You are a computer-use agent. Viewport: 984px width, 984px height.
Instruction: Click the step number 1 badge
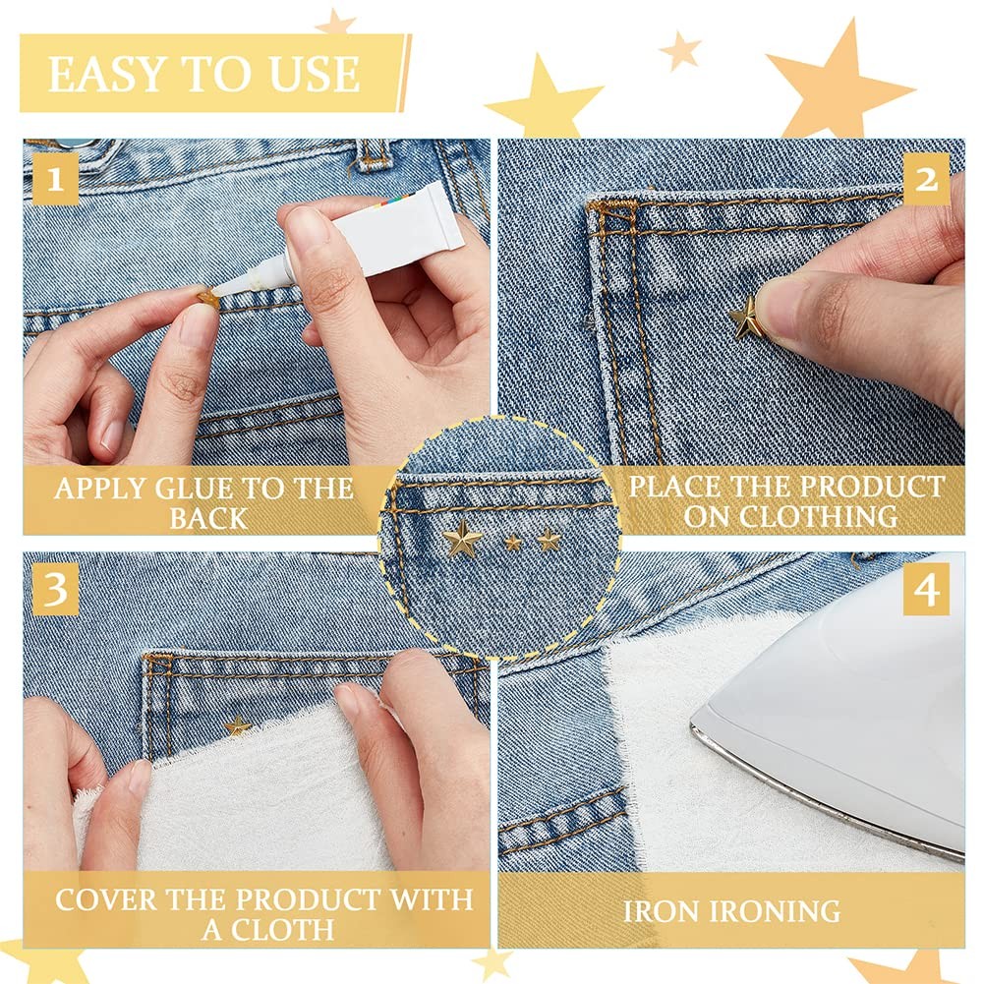(55, 180)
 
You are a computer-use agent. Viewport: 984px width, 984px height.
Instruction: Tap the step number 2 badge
(926, 179)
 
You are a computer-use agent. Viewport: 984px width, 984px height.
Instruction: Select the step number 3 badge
(55, 589)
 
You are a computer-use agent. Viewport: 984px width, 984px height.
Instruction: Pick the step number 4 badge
(926, 590)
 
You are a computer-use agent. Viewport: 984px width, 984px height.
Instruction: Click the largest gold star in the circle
(462, 539)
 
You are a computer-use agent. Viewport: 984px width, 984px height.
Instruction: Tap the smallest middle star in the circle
(513, 542)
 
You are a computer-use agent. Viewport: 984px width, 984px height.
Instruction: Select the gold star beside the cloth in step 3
(237, 725)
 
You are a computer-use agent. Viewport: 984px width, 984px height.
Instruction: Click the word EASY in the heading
(107, 74)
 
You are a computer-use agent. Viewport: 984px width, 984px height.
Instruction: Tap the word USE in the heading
(315, 74)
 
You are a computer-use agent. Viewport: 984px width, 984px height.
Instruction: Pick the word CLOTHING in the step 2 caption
(822, 516)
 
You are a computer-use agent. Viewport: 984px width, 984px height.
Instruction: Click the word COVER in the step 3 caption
(106, 899)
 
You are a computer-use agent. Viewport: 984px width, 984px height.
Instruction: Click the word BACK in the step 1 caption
(207, 518)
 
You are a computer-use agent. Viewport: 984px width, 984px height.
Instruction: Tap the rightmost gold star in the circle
(550, 539)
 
